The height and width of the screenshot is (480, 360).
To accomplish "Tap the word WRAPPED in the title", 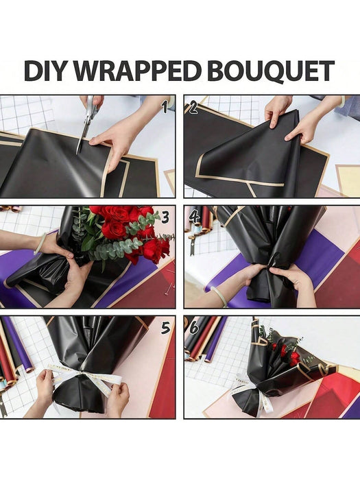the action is coord(137,71).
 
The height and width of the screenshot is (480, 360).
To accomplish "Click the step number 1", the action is coord(165,107).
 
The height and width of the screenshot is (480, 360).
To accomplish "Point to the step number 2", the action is coord(193,108).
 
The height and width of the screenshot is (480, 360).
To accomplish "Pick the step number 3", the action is coord(165,217).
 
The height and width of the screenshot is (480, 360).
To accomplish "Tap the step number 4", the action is coord(194,217).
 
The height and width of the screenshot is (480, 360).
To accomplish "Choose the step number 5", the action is coord(165,328).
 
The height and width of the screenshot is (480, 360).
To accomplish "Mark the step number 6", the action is coord(194,328).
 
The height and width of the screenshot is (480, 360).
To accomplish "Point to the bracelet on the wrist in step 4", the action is coord(218,296).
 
